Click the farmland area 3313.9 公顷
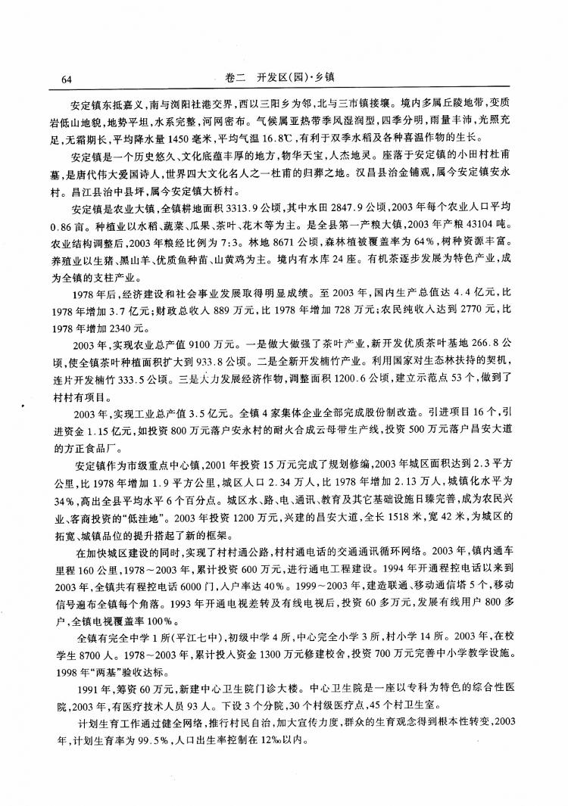(x=254, y=208)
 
